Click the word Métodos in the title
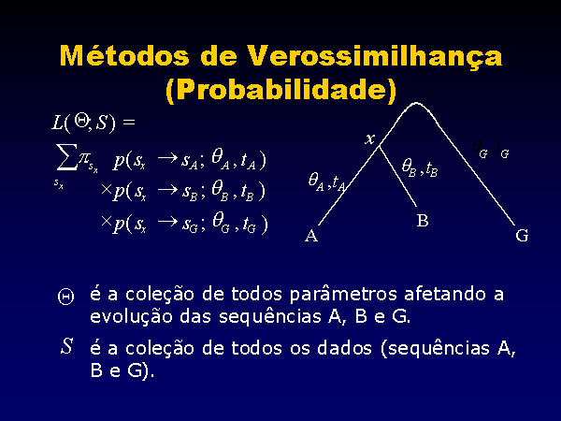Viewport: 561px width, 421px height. [x=124, y=56]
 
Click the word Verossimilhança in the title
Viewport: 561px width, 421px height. [x=375, y=57]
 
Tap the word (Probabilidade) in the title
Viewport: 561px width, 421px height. [x=281, y=90]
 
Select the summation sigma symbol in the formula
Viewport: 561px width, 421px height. [x=66, y=156]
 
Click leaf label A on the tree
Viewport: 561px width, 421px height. [x=311, y=236]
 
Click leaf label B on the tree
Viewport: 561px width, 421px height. [x=423, y=221]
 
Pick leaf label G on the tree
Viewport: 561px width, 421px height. [x=522, y=236]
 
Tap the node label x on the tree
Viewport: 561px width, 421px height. [x=369, y=138]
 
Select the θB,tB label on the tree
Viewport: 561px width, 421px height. [x=420, y=167]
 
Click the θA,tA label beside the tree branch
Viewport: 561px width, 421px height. [x=327, y=181]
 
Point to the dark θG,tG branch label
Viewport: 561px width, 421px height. [x=491, y=150]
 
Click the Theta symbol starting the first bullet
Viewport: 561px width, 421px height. [x=66, y=297]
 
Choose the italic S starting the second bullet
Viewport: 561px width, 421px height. [x=67, y=346]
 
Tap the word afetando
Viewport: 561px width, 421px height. [x=445, y=294]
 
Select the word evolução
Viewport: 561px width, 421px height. [x=131, y=317]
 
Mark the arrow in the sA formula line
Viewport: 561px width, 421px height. [x=167, y=158]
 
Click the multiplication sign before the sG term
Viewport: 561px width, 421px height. [x=107, y=221]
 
